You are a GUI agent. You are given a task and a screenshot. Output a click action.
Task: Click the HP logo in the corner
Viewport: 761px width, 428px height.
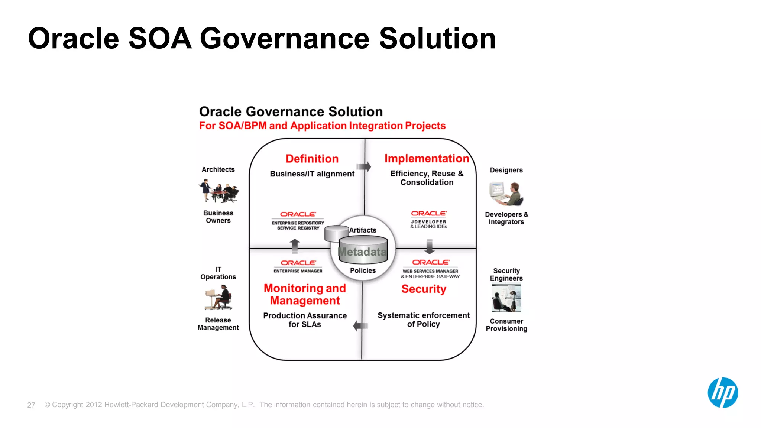(722, 393)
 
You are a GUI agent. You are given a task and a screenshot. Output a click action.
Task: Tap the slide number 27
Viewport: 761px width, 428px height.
(31, 405)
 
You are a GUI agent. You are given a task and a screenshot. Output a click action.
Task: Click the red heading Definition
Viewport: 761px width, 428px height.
(312, 159)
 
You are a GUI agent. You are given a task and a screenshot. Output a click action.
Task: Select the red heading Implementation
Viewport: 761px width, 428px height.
(427, 159)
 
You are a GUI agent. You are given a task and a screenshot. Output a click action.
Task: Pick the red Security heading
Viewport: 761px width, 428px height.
(424, 289)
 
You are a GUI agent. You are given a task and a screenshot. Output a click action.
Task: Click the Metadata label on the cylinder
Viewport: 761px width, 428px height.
(362, 252)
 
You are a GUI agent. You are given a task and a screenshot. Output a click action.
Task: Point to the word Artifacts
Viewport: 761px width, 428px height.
(363, 230)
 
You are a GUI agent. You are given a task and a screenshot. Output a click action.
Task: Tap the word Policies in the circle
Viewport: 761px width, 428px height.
(363, 270)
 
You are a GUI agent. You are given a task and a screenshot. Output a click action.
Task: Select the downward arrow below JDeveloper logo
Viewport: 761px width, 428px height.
(430, 246)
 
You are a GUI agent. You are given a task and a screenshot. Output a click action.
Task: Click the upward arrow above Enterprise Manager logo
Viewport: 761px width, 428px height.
(295, 246)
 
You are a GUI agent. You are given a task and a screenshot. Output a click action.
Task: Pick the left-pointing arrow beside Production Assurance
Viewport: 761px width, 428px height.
(360, 326)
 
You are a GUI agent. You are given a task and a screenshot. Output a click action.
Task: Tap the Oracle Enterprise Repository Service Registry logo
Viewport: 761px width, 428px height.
(298, 221)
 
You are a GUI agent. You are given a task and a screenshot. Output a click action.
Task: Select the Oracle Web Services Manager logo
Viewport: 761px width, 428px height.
(430, 269)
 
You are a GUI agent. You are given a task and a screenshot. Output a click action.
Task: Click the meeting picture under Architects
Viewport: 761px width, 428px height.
(218, 191)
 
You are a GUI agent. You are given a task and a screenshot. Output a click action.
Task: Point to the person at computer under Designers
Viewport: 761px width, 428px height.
(506, 194)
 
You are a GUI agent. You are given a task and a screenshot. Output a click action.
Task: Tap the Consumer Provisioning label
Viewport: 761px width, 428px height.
(506, 325)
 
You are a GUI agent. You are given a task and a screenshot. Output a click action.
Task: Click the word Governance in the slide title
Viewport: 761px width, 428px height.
(285, 39)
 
